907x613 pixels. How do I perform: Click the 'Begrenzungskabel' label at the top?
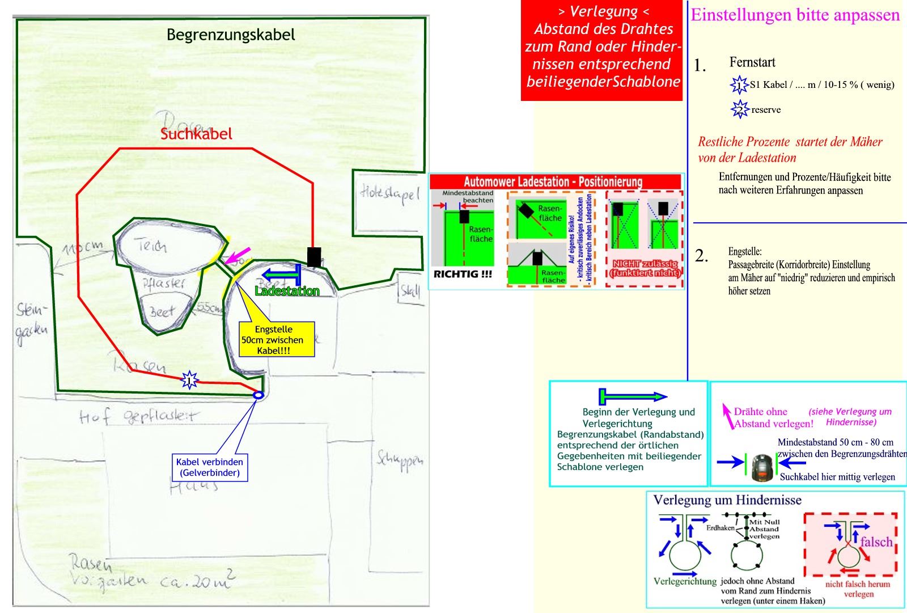pyautogui.click(x=231, y=35)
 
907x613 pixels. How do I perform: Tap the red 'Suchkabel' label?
pyautogui.click(x=196, y=134)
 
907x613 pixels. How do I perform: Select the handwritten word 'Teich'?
pyautogui.click(x=151, y=246)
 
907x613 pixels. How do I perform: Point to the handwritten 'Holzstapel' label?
pyautogui.click(x=390, y=194)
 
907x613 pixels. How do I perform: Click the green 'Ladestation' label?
pyautogui.click(x=287, y=291)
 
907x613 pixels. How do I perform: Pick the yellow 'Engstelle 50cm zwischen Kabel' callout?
pyautogui.click(x=274, y=340)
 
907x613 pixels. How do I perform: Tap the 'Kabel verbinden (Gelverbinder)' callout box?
pyautogui.click(x=210, y=467)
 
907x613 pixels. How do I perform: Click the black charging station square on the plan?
pyautogui.click(x=313, y=257)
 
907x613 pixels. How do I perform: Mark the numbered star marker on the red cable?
pyautogui.click(x=189, y=379)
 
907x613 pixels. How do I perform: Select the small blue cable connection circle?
pyautogui.click(x=258, y=395)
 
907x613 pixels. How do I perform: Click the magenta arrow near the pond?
pyautogui.click(x=237, y=255)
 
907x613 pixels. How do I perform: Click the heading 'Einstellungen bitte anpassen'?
pyautogui.click(x=795, y=15)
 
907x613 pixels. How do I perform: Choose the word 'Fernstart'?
pyautogui.click(x=752, y=62)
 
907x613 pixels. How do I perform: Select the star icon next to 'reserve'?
pyautogui.click(x=740, y=109)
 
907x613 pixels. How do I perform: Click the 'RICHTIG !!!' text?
pyautogui.click(x=463, y=274)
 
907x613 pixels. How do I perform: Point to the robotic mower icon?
pyautogui.click(x=763, y=467)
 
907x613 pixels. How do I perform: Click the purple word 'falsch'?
pyautogui.click(x=876, y=542)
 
